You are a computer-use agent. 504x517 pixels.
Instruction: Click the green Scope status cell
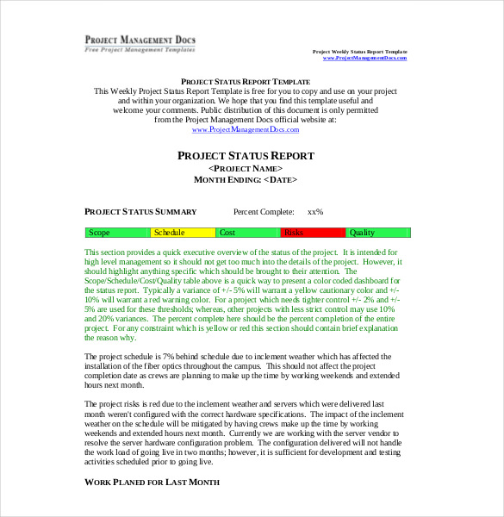click(x=117, y=233)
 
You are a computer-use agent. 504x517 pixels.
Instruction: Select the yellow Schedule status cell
click(x=183, y=233)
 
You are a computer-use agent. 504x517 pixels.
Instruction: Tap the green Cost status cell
click(x=248, y=233)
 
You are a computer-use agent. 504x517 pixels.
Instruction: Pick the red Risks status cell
click(x=313, y=233)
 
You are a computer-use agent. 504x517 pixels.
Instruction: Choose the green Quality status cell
click(x=378, y=233)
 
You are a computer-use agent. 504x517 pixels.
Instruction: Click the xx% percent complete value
click(x=315, y=212)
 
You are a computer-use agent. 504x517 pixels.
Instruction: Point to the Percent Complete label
click(x=264, y=212)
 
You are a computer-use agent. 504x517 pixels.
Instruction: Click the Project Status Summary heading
click(x=140, y=212)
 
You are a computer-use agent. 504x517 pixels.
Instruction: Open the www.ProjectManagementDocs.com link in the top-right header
click(x=364, y=58)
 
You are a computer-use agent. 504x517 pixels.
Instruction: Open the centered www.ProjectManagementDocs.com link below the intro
click(x=246, y=129)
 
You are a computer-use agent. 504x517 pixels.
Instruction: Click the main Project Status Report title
click(x=246, y=156)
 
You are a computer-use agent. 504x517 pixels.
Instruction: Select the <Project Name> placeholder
click(x=246, y=168)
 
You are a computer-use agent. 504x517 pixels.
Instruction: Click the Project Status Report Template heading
click(x=246, y=81)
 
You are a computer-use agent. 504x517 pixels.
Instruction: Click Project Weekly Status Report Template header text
click(x=359, y=52)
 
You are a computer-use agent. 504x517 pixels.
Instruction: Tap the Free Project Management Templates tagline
click(x=140, y=49)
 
